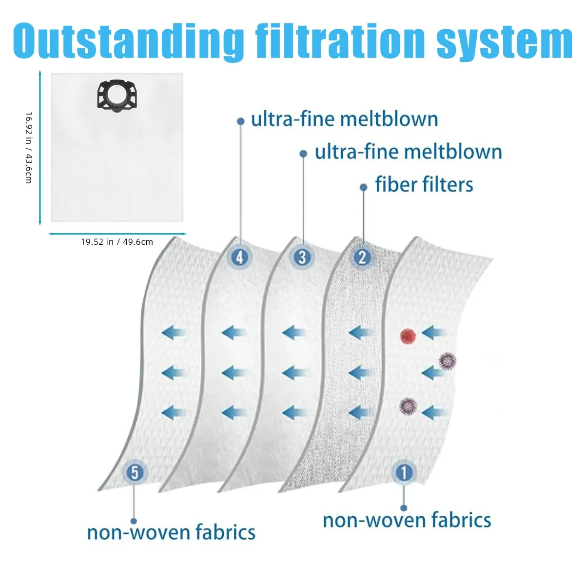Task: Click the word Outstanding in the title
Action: pos(128,41)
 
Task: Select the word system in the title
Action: pos(504,43)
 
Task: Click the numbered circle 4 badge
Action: pos(240,258)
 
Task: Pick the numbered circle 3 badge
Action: pos(302,258)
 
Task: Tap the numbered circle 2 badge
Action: pos(362,258)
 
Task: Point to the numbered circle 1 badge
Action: pos(404,472)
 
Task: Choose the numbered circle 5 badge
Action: pos(135,472)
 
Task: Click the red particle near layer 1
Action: pos(408,336)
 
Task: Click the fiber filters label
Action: pos(424,185)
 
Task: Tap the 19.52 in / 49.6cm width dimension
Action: pos(117,242)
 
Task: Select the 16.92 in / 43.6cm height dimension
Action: pos(29,148)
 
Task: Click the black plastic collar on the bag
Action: pos(117,96)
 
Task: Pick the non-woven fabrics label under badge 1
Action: pos(407,520)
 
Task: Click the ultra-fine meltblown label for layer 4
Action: pos(345,119)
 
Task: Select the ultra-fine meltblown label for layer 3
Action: pos(409,152)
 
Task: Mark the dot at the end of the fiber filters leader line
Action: pos(363,187)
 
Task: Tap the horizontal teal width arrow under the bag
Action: pos(117,234)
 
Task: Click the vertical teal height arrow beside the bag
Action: pos(40,148)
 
